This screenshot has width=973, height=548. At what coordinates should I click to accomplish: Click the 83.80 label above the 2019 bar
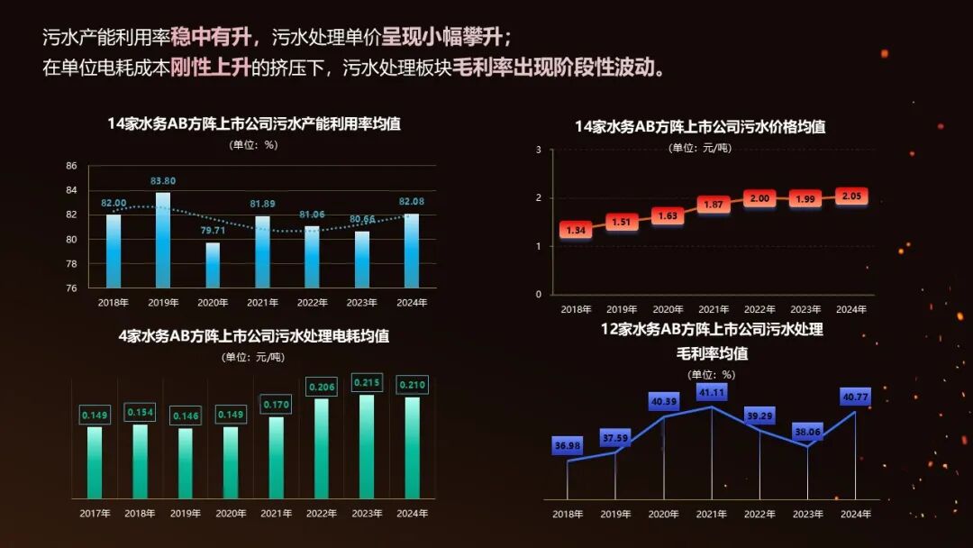[163, 181]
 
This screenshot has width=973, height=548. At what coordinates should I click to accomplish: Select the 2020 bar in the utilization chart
[213, 265]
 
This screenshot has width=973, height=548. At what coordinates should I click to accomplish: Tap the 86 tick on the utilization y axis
[71, 166]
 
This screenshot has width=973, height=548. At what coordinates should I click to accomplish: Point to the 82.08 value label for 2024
[410, 201]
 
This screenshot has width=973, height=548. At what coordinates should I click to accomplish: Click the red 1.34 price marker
[576, 231]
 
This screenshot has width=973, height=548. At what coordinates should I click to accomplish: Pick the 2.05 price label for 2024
[850, 196]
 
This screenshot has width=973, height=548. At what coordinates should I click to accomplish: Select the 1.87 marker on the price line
[714, 205]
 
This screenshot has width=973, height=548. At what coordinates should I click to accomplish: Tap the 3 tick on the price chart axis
[538, 150]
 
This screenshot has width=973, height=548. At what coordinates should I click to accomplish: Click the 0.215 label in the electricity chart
[367, 383]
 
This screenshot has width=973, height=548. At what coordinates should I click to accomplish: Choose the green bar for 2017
[94, 461]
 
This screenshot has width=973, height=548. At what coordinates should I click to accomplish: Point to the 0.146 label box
[185, 416]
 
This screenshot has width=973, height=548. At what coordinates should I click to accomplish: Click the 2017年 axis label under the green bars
[94, 514]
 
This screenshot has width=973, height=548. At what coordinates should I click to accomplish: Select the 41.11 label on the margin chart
[712, 393]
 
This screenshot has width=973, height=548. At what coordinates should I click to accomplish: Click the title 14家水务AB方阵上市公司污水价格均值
[700, 127]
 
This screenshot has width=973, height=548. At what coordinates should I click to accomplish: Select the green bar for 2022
[321, 448]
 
